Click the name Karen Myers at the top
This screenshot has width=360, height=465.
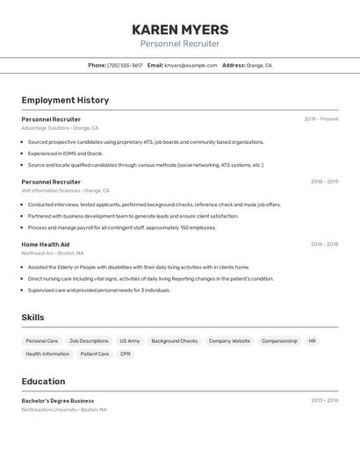pos(180,30)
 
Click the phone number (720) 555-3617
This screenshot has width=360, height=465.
pos(124,65)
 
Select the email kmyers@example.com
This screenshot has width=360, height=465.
pos(191,65)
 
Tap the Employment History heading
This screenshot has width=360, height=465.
pos(65,100)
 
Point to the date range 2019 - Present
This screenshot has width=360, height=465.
pos(321,118)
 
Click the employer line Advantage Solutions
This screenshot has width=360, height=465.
pos(60,128)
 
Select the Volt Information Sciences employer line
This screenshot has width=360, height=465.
pos(66,190)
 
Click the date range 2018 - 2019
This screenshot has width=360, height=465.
pos(324,182)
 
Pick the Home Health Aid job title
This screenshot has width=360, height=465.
pos(46,244)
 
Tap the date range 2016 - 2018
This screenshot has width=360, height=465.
pos(324,244)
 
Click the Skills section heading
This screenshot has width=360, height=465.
pos(33,318)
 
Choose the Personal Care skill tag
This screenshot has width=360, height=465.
pos(42,340)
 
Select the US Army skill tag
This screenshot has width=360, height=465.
pos(130,340)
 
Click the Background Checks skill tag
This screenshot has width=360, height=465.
pos(175,340)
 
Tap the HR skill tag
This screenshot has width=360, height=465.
pos(313,340)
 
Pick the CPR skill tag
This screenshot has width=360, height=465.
pos(126,354)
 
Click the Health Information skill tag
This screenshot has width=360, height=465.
pos(47,354)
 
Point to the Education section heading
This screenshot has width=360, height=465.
pos(43,382)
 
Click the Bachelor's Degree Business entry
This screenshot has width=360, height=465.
pos(58,400)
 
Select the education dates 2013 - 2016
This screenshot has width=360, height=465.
pos(324,400)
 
